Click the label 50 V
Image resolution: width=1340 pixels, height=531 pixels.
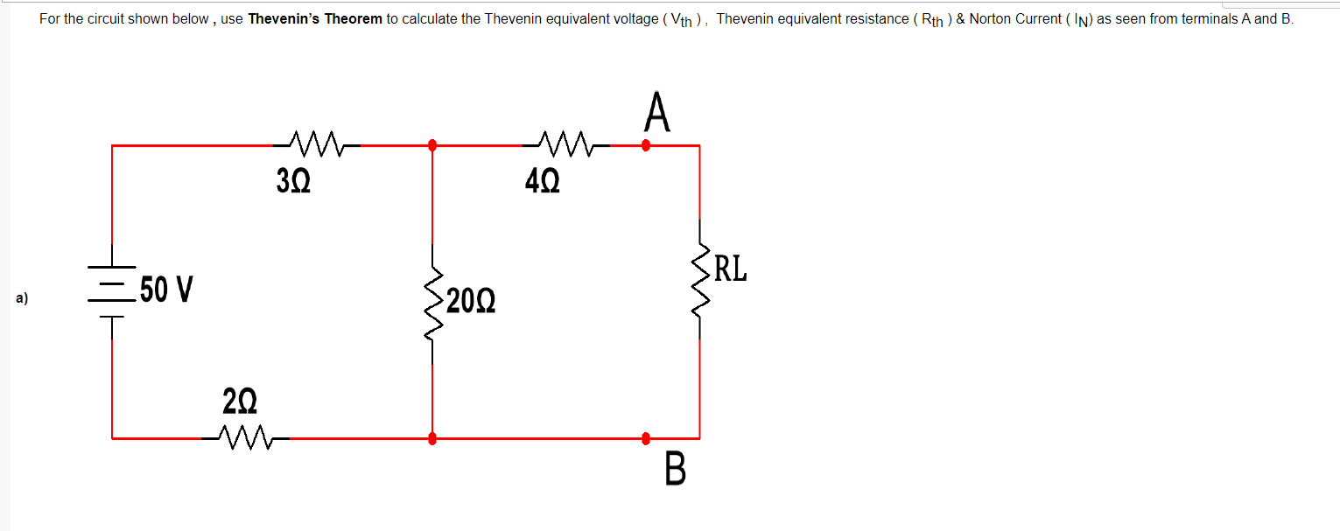tap(167, 290)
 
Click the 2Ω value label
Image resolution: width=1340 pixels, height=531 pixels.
tap(240, 402)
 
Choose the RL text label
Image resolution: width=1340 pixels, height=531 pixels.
tap(731, 269)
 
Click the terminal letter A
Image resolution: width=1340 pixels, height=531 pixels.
tap(657, 112)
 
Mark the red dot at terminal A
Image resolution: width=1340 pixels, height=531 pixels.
tap(647, 145)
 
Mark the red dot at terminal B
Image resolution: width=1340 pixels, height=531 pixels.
tap(647, 437)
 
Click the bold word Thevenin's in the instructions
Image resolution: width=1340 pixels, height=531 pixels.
tap(284, 18)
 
